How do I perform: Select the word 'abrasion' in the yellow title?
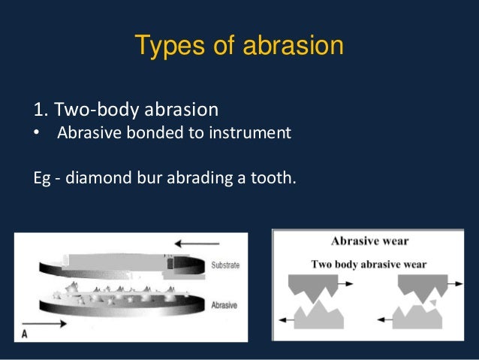294,47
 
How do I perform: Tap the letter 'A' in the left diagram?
25,334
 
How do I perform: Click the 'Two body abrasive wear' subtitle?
369,264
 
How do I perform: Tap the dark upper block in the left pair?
312,285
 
